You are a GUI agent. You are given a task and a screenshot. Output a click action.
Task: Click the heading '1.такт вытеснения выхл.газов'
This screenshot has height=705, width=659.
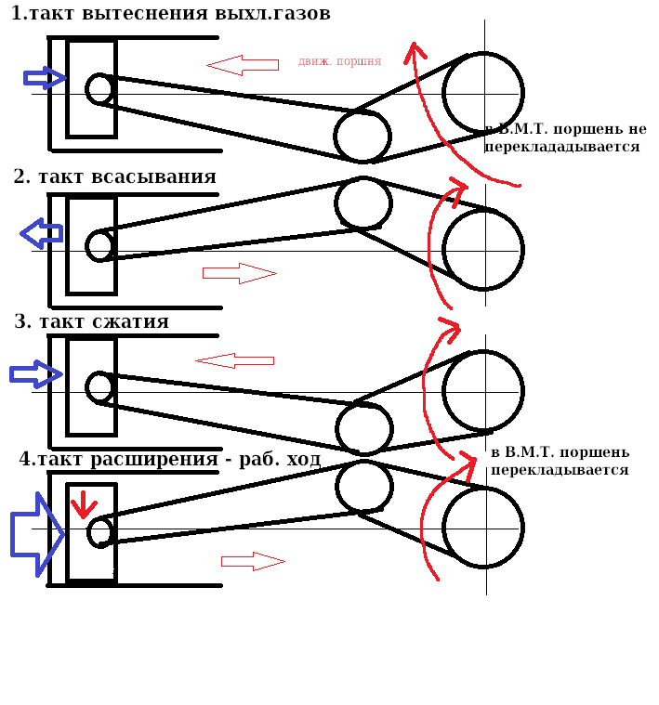170,13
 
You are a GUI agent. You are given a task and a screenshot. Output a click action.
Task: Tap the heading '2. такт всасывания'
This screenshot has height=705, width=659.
114,176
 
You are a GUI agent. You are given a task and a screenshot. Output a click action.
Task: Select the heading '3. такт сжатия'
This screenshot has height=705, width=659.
91,321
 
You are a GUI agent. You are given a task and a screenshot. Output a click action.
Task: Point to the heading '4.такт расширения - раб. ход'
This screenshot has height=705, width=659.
170,459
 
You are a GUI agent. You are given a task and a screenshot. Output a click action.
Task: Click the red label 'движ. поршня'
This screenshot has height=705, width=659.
339,61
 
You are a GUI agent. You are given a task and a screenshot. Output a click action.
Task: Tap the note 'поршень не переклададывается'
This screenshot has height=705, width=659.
566,137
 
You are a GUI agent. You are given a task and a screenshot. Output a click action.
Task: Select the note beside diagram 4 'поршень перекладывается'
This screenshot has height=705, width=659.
560,461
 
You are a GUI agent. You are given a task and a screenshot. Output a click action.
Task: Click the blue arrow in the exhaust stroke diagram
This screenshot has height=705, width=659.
45,78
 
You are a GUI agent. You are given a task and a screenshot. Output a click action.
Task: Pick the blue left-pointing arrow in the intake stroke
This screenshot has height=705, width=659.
42,233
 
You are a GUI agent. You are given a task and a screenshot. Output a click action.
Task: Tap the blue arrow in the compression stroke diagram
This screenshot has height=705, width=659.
36,374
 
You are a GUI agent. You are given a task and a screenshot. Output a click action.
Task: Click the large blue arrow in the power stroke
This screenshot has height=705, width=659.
37,534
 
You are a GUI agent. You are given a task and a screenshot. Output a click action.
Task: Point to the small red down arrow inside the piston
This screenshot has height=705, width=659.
84,504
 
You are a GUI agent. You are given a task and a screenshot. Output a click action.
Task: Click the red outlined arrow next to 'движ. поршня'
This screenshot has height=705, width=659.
243,65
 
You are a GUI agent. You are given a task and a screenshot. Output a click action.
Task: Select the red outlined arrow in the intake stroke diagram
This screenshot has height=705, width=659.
240,273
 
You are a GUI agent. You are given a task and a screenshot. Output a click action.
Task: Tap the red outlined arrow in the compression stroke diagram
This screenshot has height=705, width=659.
235,361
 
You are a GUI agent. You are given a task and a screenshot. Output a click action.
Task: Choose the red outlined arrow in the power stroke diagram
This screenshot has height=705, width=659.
253,562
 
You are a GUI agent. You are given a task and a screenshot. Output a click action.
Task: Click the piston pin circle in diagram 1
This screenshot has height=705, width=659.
99,89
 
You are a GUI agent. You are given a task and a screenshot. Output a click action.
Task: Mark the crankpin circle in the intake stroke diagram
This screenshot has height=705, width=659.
363,203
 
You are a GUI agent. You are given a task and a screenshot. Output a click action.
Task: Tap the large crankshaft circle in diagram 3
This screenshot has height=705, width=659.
483,391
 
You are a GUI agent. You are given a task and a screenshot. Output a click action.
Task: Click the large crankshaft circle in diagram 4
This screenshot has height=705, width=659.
483,528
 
